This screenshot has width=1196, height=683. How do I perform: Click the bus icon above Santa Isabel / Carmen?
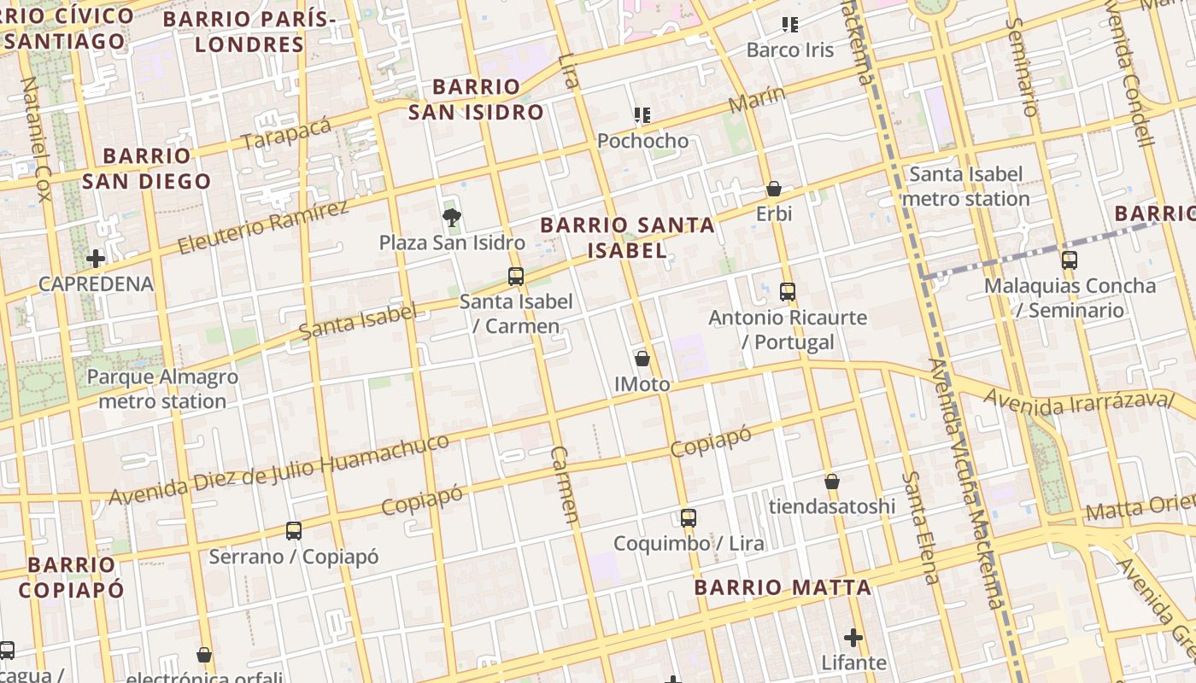point(515,277)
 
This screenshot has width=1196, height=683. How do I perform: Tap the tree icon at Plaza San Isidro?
point(452,218)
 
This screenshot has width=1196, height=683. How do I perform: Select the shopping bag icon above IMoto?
point(642,359)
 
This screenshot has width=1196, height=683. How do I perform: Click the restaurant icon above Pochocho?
point(642,114)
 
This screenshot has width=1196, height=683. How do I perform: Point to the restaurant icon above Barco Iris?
point(790,25)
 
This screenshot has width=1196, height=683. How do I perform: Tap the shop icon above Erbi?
point(774,189)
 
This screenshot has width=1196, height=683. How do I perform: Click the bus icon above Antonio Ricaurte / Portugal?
point(788,292)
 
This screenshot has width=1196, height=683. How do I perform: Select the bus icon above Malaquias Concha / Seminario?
point(1069,260)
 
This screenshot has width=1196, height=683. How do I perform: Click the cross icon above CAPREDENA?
point(96,258)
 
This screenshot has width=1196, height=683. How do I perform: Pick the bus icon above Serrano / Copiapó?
point(294,531)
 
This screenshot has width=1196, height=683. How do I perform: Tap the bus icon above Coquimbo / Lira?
point(689,517)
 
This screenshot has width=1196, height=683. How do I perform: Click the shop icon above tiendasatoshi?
point(832,482)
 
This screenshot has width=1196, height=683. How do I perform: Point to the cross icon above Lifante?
point(853,638)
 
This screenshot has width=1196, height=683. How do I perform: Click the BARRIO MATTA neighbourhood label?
point(783,587)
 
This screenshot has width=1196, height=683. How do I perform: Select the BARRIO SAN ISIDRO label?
point(476,99)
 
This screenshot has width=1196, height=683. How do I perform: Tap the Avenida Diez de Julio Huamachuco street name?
point(278,470)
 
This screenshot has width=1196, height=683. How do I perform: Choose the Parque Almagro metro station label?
point(162,388)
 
